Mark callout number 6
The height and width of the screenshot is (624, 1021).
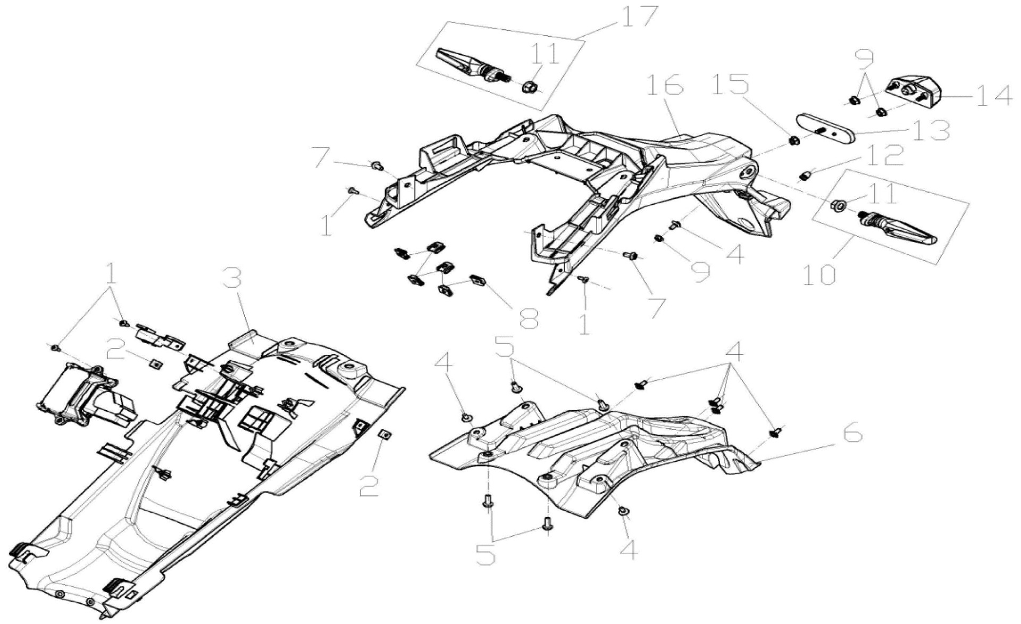click(x=845, y=435)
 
